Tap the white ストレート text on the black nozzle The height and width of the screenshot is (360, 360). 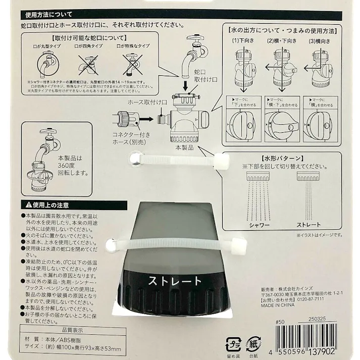point(174,281)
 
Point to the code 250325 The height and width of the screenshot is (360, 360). point(317,320)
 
